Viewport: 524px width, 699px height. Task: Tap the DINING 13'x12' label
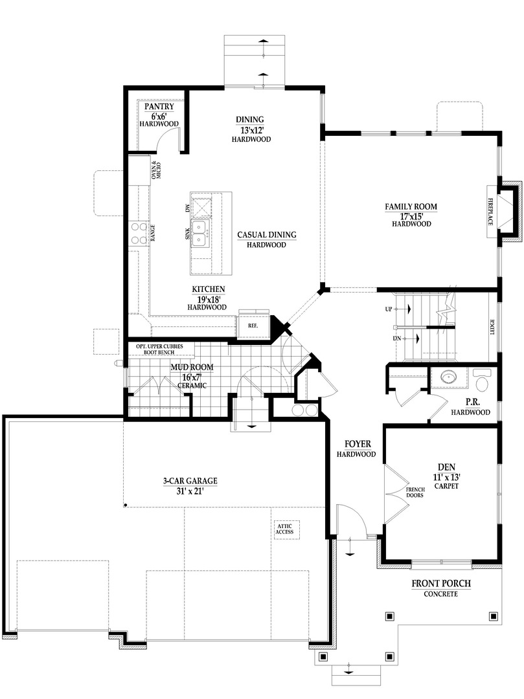coord(249,119)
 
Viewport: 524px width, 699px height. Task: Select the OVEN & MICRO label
coord(155,170)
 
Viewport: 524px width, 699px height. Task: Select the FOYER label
coord(356,444)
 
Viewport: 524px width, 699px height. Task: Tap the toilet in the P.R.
coord(483,375)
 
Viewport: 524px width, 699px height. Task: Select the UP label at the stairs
coord(389,309)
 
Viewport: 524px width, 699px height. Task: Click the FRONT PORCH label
coord(441,584)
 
